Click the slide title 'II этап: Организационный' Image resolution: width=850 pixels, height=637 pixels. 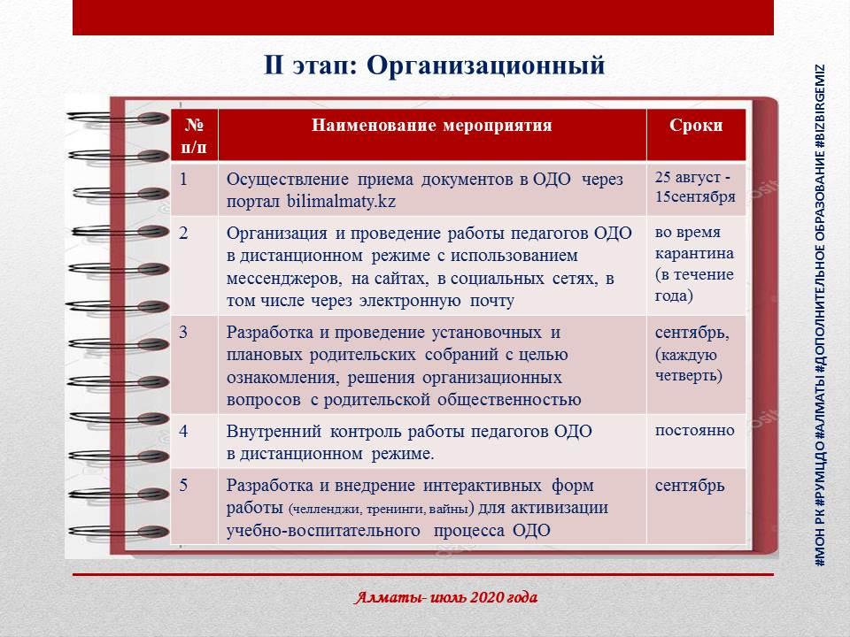click(434, 65)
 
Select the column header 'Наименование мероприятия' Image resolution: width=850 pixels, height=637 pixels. click(431, 125)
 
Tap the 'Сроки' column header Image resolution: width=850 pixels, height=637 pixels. click(696, 125)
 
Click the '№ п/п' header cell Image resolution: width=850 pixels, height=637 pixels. click(194, 135)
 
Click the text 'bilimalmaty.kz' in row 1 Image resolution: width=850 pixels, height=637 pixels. click(341, 202)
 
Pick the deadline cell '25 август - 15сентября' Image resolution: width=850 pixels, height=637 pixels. click(694, 187)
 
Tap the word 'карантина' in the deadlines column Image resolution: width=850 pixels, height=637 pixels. click(694, 253)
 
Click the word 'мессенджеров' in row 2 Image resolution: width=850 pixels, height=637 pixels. click(284, 279)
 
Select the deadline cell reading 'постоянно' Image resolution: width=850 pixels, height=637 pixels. click(694, 431)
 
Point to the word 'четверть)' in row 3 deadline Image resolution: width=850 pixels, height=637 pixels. click(689, 375)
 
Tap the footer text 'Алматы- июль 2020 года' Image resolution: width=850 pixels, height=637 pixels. click(445, 597)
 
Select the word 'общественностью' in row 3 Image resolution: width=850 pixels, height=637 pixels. click(509, 400)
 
